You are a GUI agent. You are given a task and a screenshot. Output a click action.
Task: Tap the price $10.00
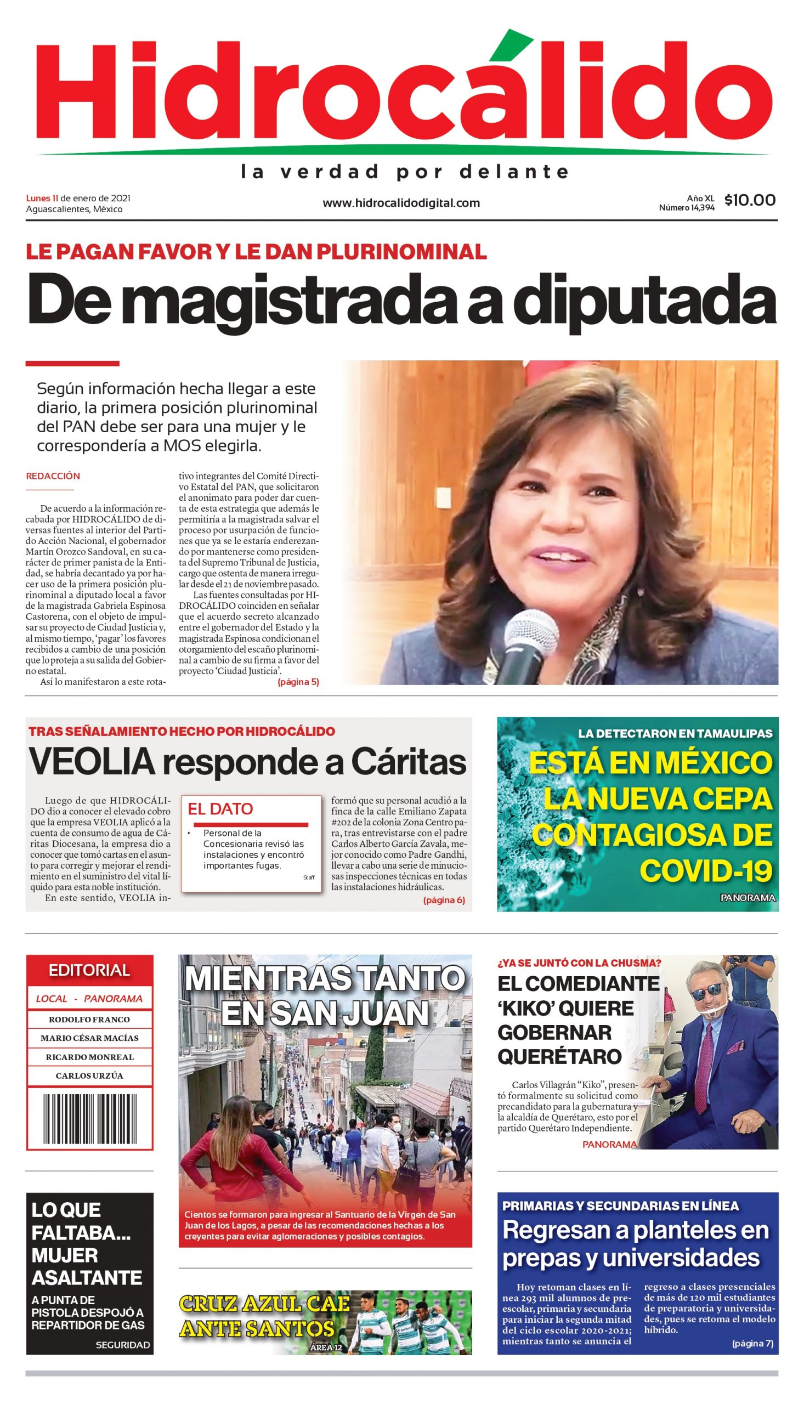[749, 200]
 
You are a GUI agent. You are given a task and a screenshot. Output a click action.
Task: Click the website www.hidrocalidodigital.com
[401, 203]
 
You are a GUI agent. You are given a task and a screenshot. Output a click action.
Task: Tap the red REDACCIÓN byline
[53, 476]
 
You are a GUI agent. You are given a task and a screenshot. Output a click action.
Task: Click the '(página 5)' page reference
[298, 682]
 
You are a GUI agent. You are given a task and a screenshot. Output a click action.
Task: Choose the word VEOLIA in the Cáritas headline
[92, 761]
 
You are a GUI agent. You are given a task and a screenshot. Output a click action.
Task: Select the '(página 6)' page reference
[444, 900]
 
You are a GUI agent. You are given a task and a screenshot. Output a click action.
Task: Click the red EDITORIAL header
[89, 970]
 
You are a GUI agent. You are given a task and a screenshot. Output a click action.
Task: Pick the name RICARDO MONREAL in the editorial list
[89, 1057]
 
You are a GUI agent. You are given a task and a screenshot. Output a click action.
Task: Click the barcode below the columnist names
[89, 1119]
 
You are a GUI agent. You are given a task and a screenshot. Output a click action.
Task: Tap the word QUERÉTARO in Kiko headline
[559, 1057]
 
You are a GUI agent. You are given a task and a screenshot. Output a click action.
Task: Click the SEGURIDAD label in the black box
[123, 1345]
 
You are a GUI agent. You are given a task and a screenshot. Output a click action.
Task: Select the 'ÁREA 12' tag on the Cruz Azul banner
[326, 1347]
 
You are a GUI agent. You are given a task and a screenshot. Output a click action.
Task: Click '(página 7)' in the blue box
[752, 1343]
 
